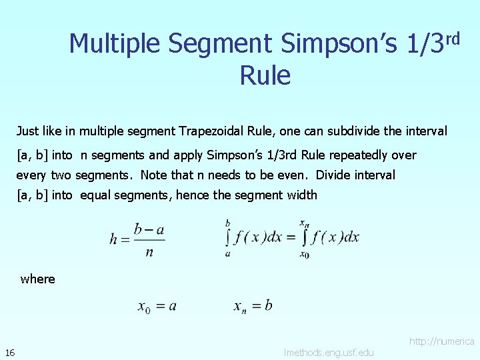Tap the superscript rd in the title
[x=453, y=39]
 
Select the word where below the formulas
[x=38, y=279]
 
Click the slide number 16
[x=10, y=352]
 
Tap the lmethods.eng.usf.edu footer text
[x=329, y=352]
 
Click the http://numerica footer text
[x=442, y=341]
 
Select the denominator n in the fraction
[x=149, y=252]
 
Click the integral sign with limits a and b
[x=228, y=238]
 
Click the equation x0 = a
[x=157, y=307]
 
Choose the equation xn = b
[x=253, y=306]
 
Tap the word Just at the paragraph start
[x=28, y=131]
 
